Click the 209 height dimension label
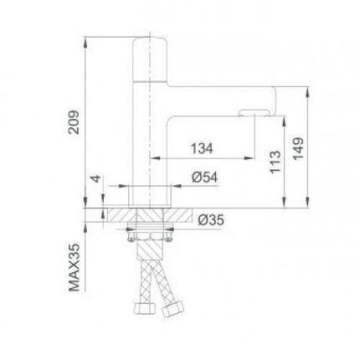tap(74, 122)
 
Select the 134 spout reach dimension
tap(202, 148)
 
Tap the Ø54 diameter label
tap(205, 177)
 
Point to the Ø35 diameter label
tap(211, 220)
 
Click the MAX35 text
tap(74, 267)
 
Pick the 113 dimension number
tap(275, 162)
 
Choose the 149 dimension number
tap(298, 148)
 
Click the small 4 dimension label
tap(95, 178)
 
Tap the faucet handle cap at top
tap(150, 59)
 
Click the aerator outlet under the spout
tap(254, 113)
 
